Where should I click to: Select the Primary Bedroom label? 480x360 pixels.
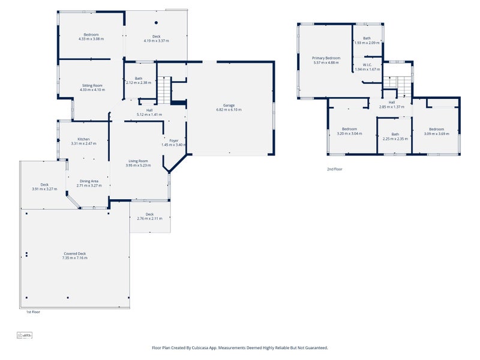tap(326, 58)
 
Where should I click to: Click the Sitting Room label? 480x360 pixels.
tap(92, 86)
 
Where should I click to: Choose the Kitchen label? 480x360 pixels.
tap(83, 139)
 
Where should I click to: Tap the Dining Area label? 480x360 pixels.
tap(89, 181)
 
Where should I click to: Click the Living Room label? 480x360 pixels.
tap(138, 160)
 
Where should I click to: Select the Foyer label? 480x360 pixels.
tap(174, 140)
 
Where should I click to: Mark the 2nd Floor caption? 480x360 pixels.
tap(334, 169)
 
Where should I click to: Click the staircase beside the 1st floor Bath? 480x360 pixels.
tap(164, 91)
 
